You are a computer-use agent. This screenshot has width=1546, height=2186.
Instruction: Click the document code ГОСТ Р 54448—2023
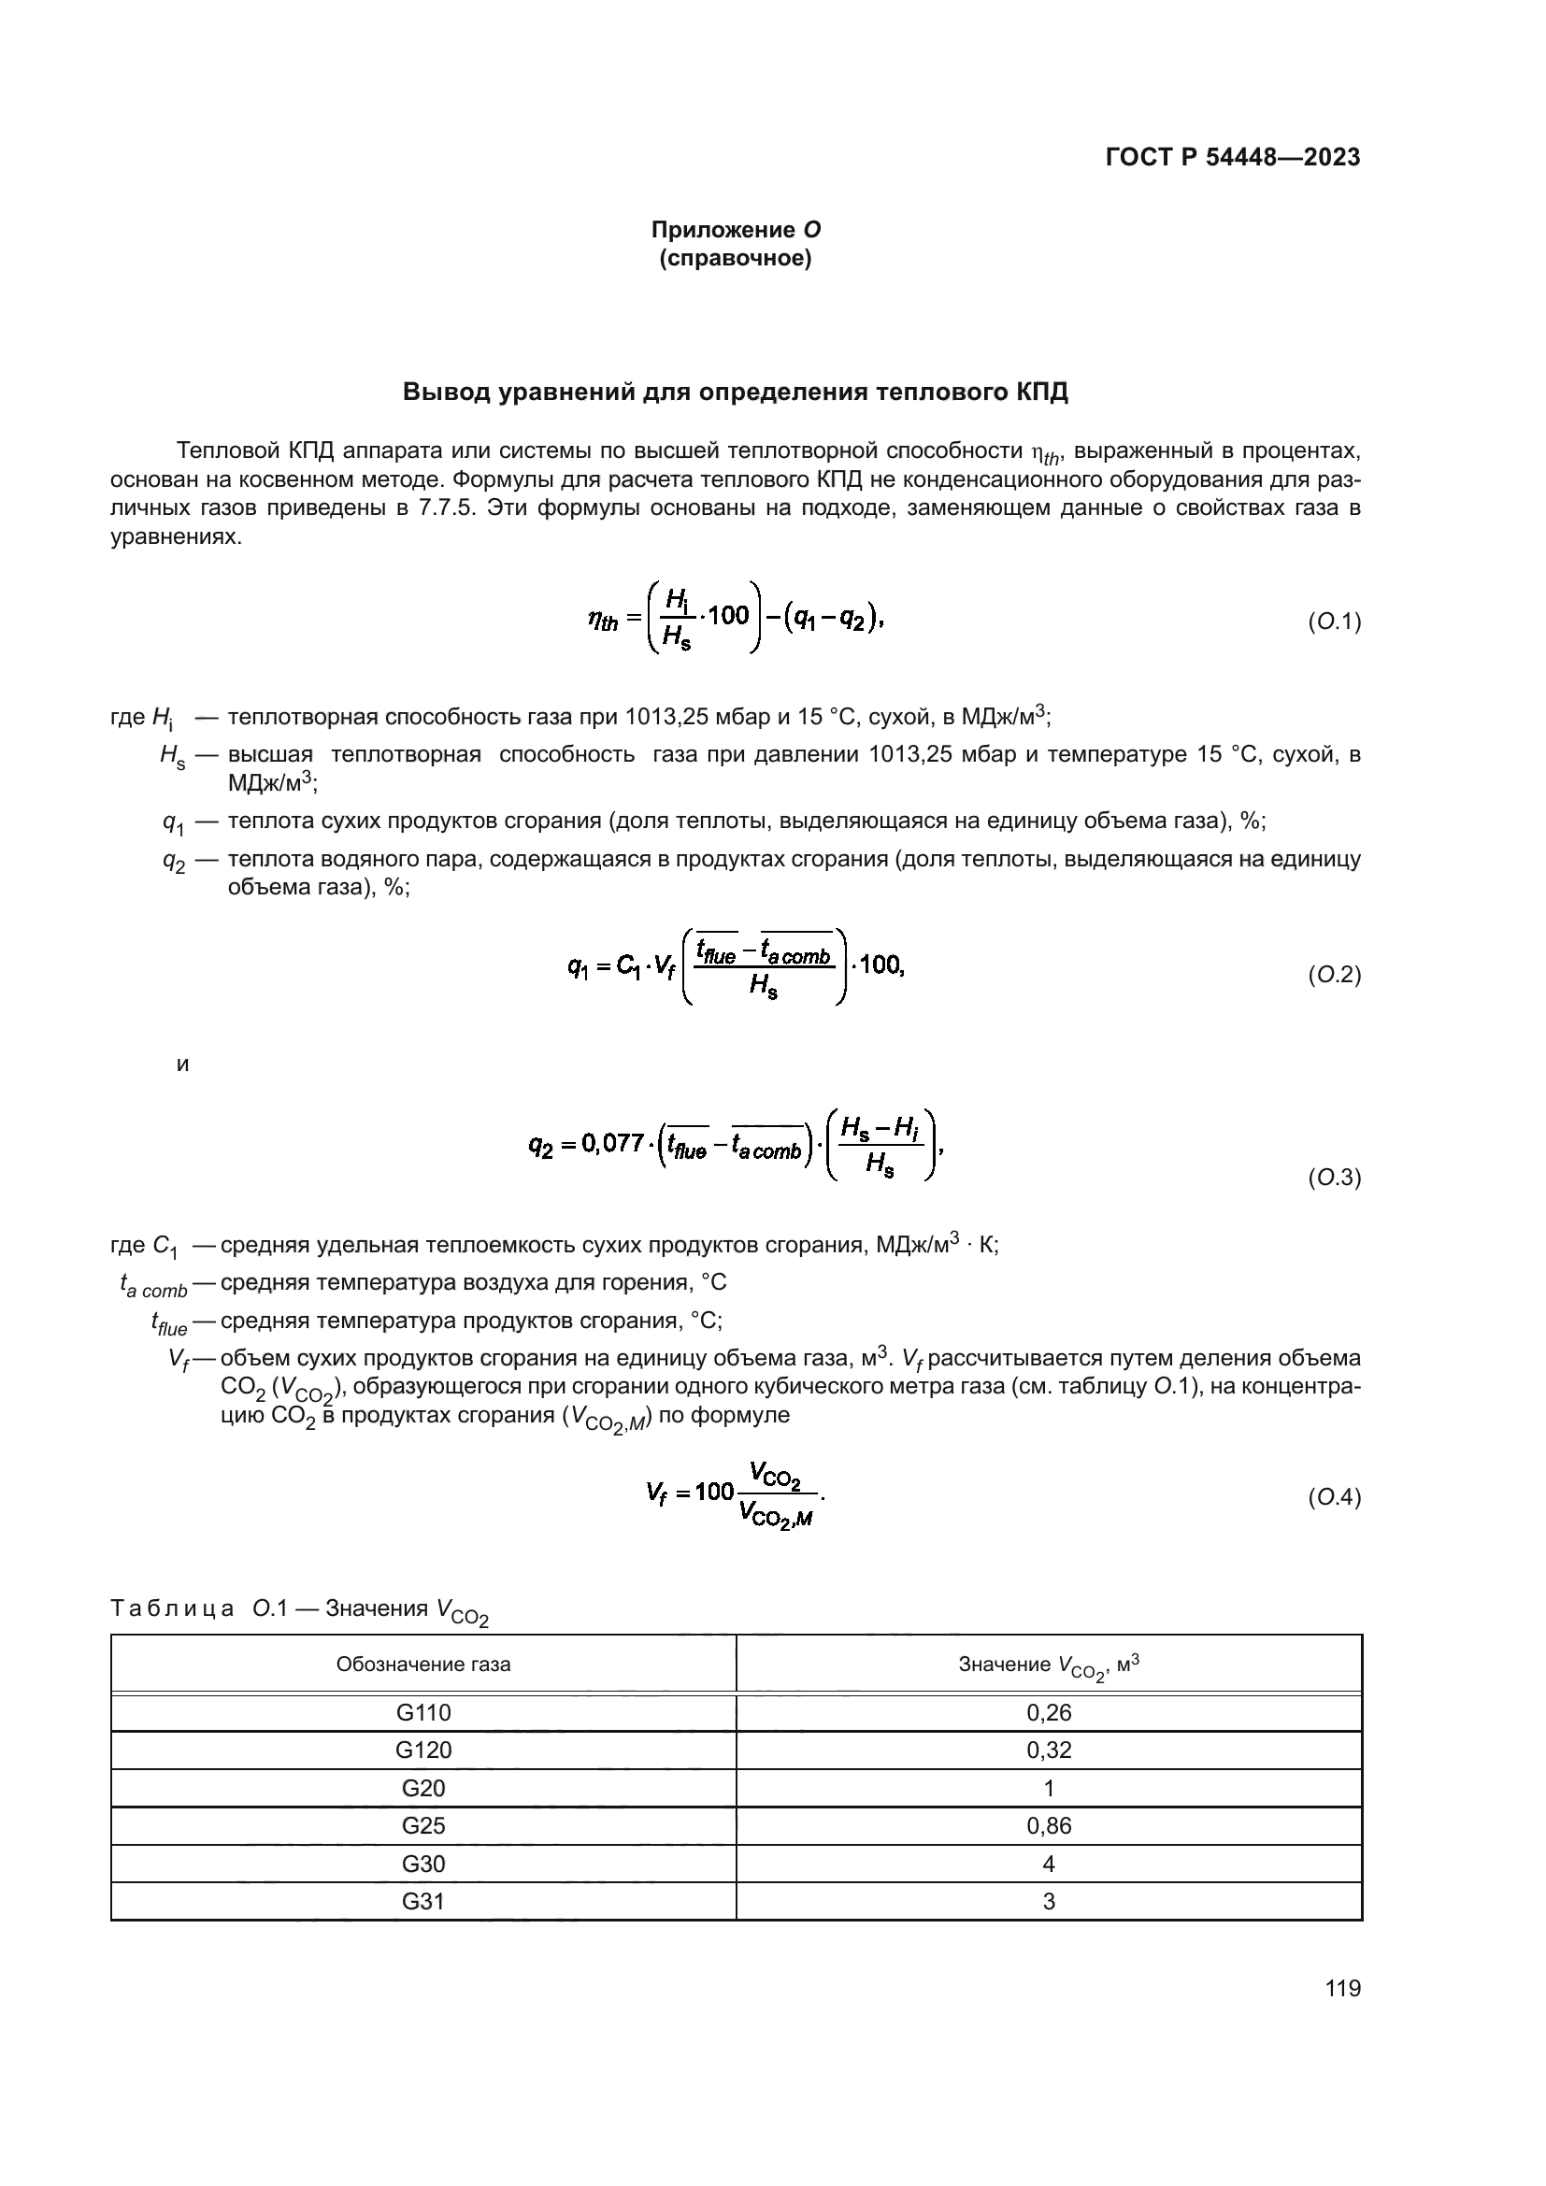point(1233,157)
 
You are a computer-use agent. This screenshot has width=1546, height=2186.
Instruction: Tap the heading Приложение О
point(735,230)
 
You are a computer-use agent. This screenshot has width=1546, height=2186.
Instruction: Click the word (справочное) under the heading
point(735,258)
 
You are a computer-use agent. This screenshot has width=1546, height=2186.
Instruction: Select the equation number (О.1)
point(1334,622)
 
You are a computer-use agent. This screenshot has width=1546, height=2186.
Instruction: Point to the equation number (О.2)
point(1334,974)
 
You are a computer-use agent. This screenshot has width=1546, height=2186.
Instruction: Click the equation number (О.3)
point(1334,1178)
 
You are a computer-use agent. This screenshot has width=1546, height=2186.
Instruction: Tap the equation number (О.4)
point(1334,1497)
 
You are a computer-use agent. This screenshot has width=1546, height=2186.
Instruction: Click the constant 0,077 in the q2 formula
point(614,1142)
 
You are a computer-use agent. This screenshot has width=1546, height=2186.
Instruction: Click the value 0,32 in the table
point(1048,1750)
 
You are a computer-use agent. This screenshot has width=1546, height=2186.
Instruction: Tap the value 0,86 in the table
point(1048,1825)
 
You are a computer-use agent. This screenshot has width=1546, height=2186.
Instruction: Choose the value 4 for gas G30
point(1048,1864)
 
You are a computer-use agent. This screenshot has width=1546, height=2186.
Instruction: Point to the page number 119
point(1342,1988)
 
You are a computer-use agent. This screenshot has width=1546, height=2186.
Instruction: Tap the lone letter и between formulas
point(183,1064)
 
